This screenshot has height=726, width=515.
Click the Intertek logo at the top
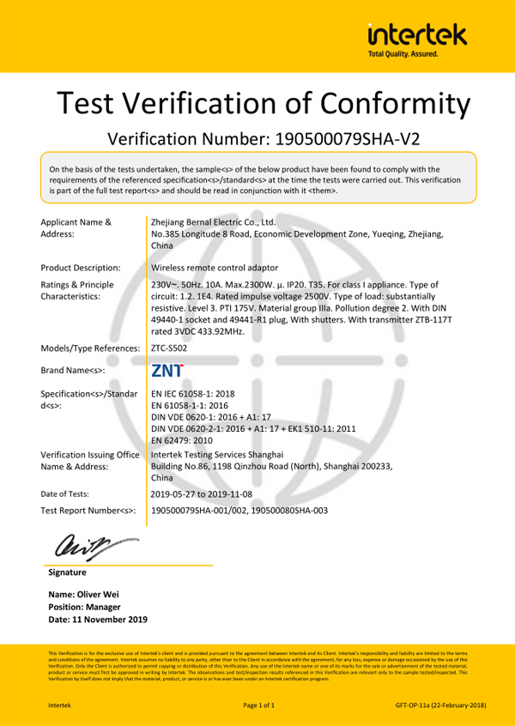coord(417,35)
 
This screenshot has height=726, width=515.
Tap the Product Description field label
coord(81,268)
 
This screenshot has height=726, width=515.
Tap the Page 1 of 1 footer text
coord(259,705)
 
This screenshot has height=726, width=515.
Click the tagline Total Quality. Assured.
coord(403,53)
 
